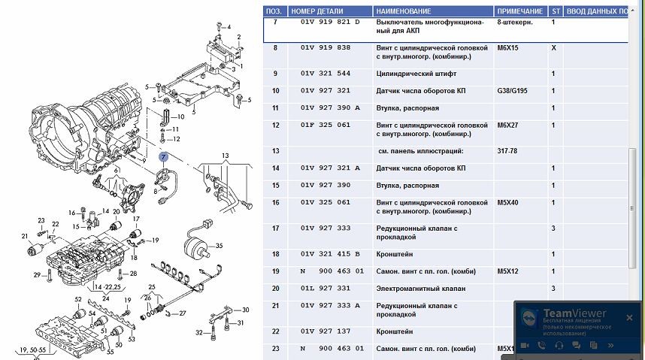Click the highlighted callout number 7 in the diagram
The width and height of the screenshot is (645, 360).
[x=164, y=156]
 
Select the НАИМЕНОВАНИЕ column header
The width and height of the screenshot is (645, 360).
[x=404, y=12]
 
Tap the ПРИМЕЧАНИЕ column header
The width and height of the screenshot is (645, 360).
[x=519, y=12]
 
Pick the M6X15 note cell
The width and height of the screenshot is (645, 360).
[x=509, y=47]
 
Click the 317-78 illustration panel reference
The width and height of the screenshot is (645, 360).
[x=509, y=151]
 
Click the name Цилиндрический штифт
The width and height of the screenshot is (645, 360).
[x=416, y=74]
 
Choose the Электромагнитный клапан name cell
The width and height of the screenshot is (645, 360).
[x=420, y=289]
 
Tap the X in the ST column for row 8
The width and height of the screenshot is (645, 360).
[x=554, y=47]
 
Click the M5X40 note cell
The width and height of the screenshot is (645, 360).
[x=509, y=202]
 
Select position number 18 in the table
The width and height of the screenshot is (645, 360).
[x=276, y=254]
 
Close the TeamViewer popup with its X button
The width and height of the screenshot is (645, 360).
[x=629, y=317]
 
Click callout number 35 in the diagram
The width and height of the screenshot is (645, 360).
[x=220, y=246]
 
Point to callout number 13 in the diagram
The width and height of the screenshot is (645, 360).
[x=224, y=155]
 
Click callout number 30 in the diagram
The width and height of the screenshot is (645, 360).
[x=245, y=310]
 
